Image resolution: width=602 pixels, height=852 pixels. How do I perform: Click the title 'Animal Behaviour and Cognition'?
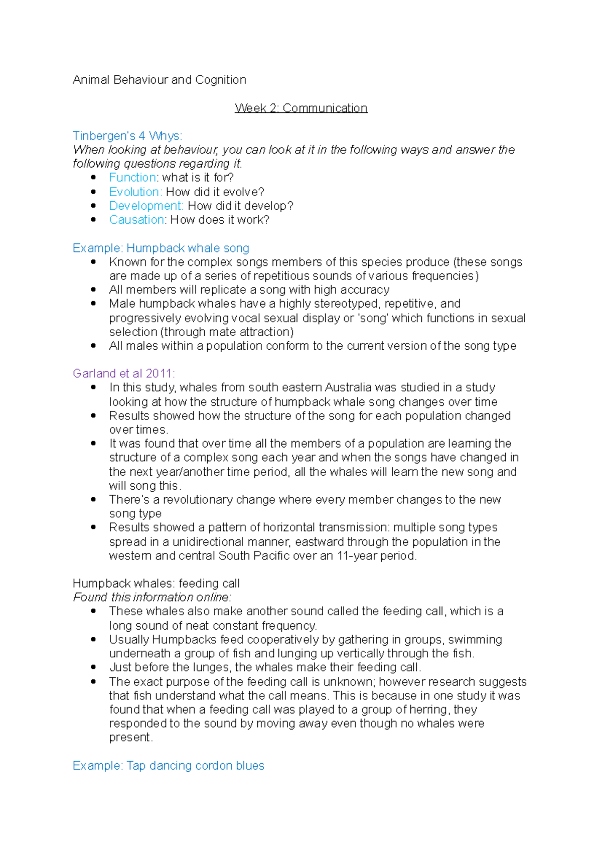(159, 80)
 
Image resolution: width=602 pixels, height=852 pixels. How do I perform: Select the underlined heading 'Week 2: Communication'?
(301, 108)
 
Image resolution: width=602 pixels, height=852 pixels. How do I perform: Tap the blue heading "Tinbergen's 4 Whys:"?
(127, 136)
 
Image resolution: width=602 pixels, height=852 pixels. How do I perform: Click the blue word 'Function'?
(132, 178)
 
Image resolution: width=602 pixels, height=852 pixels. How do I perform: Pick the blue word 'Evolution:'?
(135, 192)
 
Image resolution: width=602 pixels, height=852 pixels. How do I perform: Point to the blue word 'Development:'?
(146, 206)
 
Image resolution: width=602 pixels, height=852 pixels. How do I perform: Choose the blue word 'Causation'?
(137, 220)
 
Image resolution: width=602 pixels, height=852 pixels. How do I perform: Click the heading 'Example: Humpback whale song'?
(161, 248)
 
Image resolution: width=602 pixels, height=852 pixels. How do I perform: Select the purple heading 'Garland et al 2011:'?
(123, 373)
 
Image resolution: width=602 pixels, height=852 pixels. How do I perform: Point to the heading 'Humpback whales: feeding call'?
(156, 583)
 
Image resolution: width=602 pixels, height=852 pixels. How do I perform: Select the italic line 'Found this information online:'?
(152, 597)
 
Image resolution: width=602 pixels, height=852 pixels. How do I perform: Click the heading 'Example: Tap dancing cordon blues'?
(168, 765)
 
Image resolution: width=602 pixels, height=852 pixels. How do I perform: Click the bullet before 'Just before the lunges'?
(93, 667)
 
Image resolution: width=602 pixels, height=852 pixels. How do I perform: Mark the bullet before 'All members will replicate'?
(93, 290)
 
